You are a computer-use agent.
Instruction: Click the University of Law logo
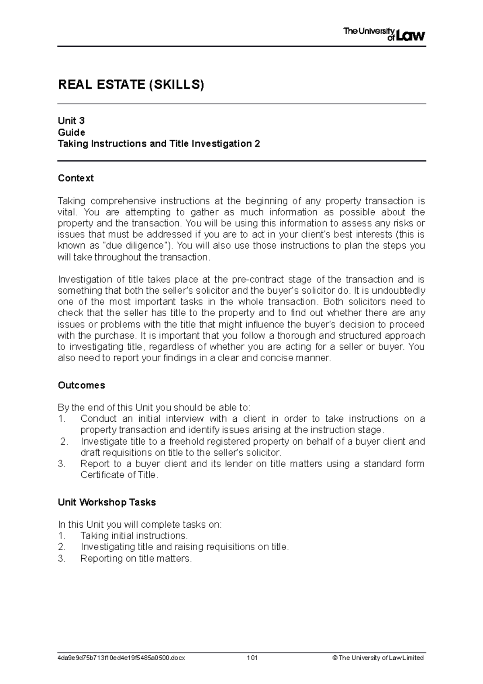[x=384, y=35]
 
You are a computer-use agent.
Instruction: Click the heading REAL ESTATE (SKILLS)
[x=131, y=85]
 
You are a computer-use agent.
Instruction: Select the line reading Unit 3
[x=71, y=121]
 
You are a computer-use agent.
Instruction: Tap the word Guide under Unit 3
[x=72, y=132]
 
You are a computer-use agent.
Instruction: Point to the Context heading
[x=76, y=178]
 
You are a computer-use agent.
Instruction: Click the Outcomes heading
[x=81, y=385]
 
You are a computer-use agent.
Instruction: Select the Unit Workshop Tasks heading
[x=107, y=502]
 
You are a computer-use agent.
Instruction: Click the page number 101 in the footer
[x=252, y=658]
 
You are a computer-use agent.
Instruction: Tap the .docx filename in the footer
[x=122, y=658]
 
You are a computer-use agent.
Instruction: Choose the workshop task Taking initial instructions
[x=134, y=536]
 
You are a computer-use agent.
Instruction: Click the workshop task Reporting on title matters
[x=136, y=558]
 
